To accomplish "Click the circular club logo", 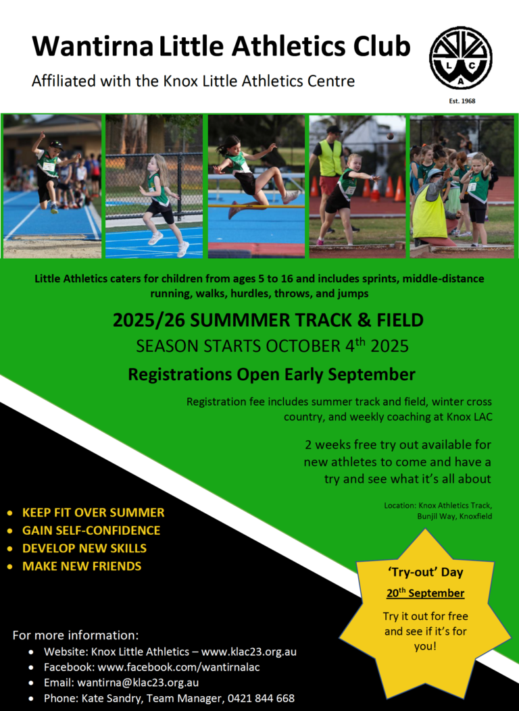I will click(461, 58).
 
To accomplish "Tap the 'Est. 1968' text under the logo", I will click(462, 101).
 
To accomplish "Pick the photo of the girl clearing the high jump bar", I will click(256, 186).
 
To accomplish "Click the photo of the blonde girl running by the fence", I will click(153, 186).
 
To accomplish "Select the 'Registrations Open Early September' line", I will click(272, 373).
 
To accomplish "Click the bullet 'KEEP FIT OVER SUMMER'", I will click(93, 512).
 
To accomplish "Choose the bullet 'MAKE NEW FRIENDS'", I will click(82, 566).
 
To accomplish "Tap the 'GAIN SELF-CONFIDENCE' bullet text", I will click(91, 530).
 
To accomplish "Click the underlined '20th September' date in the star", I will click(425, 594).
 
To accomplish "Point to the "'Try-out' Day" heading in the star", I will click(425, 573).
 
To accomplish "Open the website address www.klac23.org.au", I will click(249, 652).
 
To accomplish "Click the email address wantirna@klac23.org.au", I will click(138, 683).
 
